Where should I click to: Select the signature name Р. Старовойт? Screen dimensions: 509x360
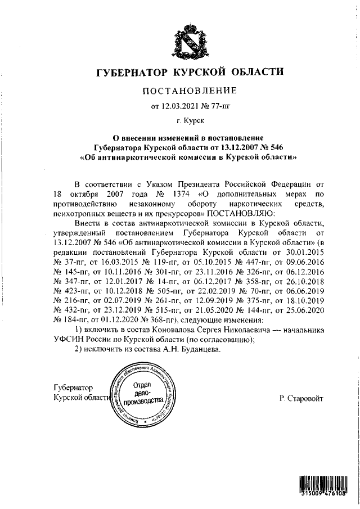[x=301, y=398]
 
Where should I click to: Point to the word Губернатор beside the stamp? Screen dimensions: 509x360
[x=71, y=388]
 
